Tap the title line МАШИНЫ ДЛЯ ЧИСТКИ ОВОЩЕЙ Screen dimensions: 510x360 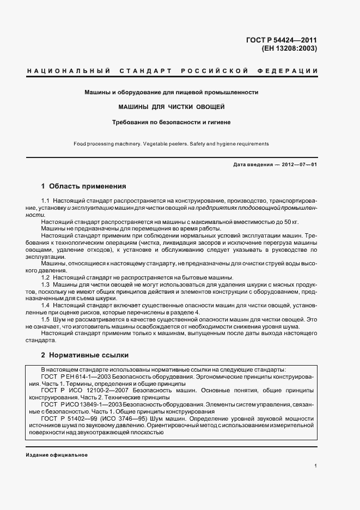click(x=172, y=107)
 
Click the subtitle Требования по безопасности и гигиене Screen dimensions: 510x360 click(x=172, y=123)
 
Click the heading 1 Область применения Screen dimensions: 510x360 click(x=84, y=186)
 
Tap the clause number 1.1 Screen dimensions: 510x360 click(x=46, y=202)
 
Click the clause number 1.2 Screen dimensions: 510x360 click(x=46, y=278)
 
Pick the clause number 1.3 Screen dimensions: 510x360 click(x=46, y=285)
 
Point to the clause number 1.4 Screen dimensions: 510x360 click(x=46, y=305)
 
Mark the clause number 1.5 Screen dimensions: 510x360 click(x=46, y=319)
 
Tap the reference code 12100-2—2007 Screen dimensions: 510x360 click(x=108, y=391)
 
